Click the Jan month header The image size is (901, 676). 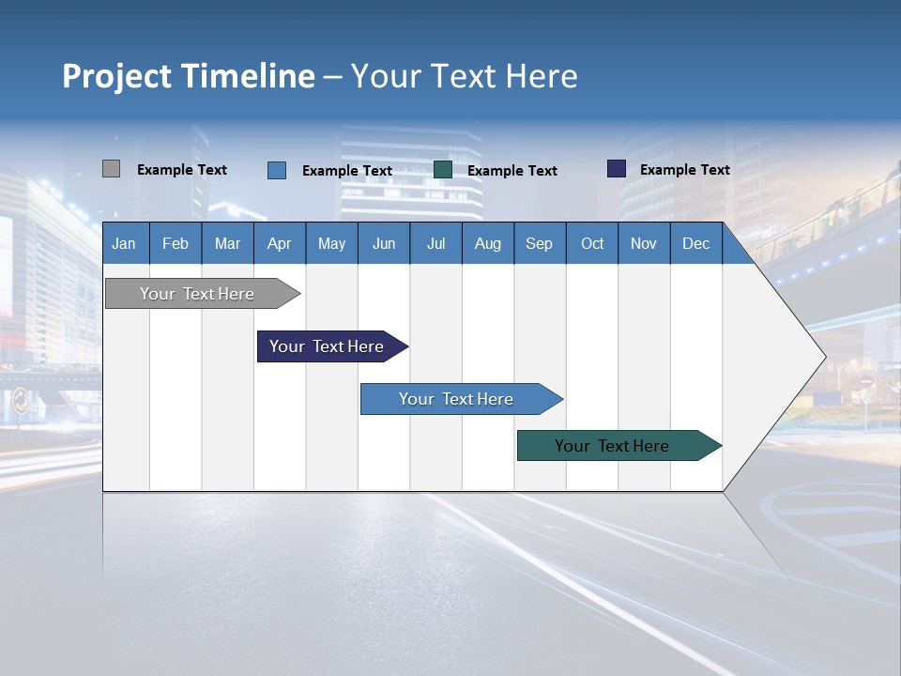pyautogui.click(x=125, y=243)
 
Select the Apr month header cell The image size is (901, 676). pyautogui.click(x=280, y=243)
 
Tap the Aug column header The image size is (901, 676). pyautogui.click(x=488, y=243)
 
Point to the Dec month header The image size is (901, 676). pyautogui.click(x=696, y=243)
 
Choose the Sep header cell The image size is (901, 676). pyautogui.click(x=540, y=243)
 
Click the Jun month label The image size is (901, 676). pyautogui.click(x=384, y=243)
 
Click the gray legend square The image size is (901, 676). pyautogui.click(x=111, y=169)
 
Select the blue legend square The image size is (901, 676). pyautogui.click(x=276, y=170)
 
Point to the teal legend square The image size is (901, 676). pyautogui.click(x=443, y=169)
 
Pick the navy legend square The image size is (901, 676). pyautogui.click(x=617, y=169)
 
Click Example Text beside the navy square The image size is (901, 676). pyautogui.click(x=685, y=170)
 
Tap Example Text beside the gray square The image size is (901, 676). pyautogui.click(x=182, y=170)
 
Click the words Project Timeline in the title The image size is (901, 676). pyautogui.click(x=189, y=75)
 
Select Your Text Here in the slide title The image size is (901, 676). pyautogui.click(x=465, y=75)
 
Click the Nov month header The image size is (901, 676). pyautogui.click(x=644, y=243)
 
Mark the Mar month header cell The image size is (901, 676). pyautogui.click(x=228, y=243)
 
